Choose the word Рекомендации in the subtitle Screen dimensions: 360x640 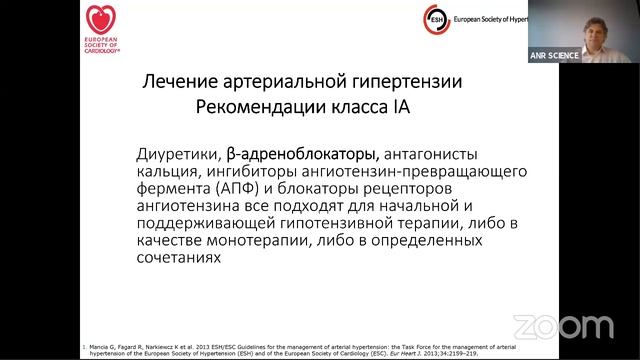253,107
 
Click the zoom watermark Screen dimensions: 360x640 556,325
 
